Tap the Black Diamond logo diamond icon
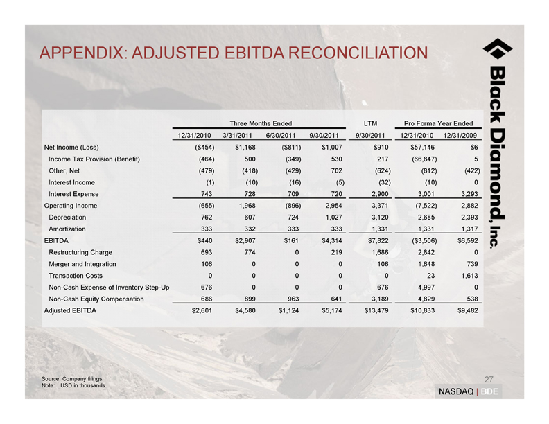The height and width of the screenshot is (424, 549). pos(497,51)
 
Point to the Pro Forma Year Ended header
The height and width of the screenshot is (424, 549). pos(438,123)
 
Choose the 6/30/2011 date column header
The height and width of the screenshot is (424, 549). pos(281,135)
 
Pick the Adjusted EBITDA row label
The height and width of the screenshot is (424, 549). pos(71,310)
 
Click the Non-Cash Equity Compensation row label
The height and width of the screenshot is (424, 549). pos(96,299)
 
